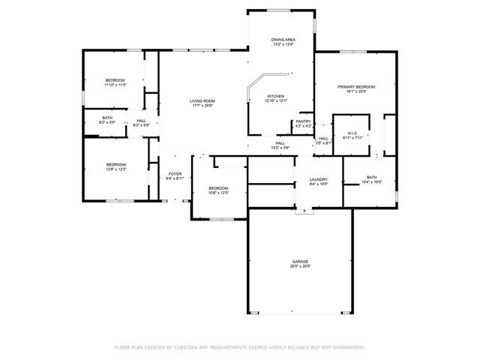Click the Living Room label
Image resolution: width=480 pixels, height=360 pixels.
tap(202, 101)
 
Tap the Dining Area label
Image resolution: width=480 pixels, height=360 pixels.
tap(282, 39)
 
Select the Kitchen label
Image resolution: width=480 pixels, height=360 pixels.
tap(276, 96)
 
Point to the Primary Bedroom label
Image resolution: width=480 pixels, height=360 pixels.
tap(355, 87)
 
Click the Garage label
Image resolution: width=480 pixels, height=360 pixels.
tap(300, 261)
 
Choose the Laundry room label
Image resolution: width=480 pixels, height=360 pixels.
tap(319, 179)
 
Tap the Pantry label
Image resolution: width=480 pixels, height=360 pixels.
tap(303, 121)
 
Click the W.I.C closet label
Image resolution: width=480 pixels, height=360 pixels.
tap(352, 133)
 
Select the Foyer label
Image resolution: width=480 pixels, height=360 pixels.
tap(175, 173)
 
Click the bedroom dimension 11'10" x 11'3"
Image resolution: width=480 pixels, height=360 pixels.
tap(115, 85)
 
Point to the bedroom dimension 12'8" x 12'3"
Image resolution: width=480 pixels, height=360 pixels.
tap(115, 169)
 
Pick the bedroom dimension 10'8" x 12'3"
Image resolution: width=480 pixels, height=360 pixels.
tap(218, 193)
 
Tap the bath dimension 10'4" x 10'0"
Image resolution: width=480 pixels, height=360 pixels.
tap(371, 182)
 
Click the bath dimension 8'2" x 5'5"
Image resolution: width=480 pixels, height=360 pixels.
tap(107, 122)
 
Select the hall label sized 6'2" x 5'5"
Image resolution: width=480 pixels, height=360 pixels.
tap(141, 125)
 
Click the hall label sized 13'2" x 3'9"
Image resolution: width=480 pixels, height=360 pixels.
tap(280, 148)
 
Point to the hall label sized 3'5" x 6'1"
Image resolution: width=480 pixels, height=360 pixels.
tap(323, 143)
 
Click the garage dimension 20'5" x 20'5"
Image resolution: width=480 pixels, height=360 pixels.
tap(300, 266)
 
